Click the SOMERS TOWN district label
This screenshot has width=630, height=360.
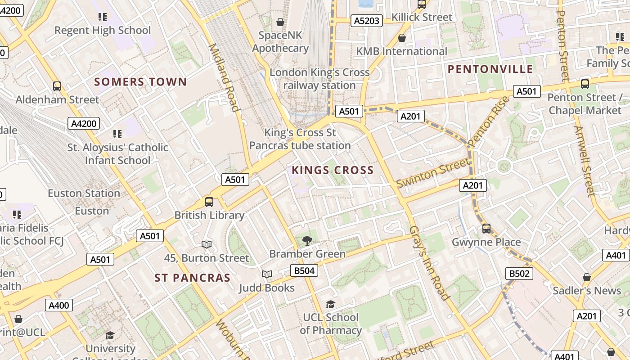tap(140, 82)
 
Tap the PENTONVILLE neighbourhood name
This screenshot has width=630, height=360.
tap(490, 69)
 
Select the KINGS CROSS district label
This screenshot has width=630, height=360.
tap(333, 170)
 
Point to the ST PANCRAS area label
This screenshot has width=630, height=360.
tap(192, 278)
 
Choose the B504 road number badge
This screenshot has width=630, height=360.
tap(304, 270)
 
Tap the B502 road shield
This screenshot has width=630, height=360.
tap(519, 273)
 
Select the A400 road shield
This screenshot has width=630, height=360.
tap(59, 306)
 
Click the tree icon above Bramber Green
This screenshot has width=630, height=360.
tap(307, 240)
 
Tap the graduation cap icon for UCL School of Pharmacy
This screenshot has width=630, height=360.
tap(330, 305)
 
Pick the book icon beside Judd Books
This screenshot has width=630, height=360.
tap(267, 274)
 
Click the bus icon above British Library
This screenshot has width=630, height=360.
tap(209, 202)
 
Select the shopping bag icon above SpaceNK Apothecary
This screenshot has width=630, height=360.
tap(280, 22)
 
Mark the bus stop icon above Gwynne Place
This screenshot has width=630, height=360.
tap(486, 229)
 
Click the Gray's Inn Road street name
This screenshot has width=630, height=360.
tap(429, 263)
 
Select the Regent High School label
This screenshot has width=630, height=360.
tap(103, 31)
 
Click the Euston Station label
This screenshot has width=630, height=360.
tap(84, 193)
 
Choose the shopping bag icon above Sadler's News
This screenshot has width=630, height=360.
tap(586, 277)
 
